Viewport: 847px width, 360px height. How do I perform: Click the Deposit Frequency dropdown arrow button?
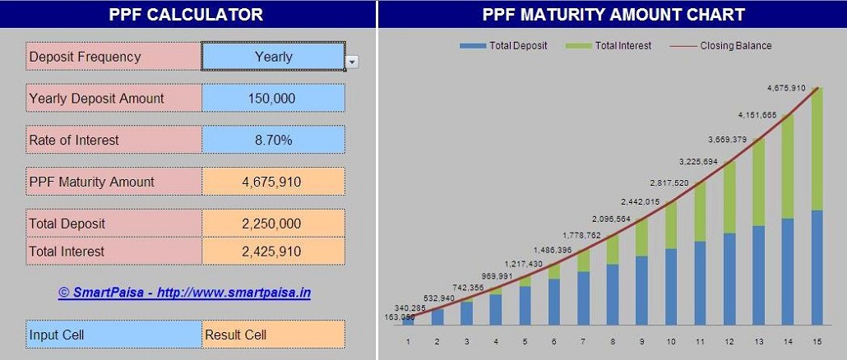coord(352,62)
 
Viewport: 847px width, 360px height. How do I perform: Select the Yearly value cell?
coord(273,57)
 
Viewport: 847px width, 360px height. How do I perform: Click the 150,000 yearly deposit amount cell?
coord(273,99)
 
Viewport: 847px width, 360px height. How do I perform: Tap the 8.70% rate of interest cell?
coord(273,140)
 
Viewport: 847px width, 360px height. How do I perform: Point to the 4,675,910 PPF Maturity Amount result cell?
coord(273,182)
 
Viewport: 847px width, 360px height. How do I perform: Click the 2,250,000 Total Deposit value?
coord(273,224)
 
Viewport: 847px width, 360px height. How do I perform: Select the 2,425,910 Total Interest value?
coord(273,252)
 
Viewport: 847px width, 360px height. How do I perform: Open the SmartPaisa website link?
coord(184,293)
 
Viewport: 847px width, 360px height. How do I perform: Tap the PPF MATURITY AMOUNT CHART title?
coord(613,14)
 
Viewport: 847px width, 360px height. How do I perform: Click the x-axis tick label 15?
coord(816,341)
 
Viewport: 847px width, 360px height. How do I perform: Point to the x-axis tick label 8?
coord(612,341)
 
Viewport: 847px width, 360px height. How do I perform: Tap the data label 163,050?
coord(399,316)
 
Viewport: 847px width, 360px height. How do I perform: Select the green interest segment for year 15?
coord(817,148)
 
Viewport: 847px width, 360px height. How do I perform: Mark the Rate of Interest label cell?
coord(113,140)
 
